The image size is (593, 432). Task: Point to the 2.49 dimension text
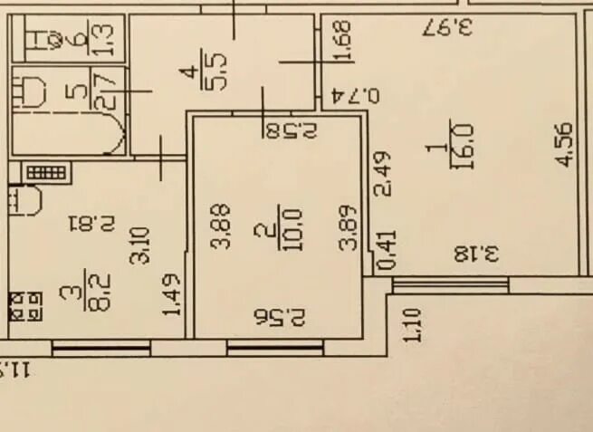point(383,173)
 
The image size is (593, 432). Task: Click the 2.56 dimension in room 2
point(281,317)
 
